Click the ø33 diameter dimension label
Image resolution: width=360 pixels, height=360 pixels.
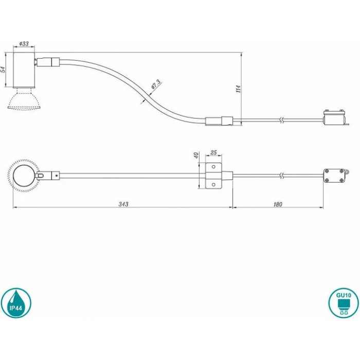point(24,43)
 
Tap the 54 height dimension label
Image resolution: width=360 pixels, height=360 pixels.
point(3,69)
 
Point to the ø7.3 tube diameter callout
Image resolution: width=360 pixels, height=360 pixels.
point(156,84)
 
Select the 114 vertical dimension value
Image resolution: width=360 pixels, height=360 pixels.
point(239,88)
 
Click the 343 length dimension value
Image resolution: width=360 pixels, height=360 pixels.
point(123,204)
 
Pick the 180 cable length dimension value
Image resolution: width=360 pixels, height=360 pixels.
point(278,204)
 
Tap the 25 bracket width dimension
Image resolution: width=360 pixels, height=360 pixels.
point(213,152)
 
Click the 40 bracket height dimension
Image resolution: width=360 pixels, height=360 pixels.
point(196,155)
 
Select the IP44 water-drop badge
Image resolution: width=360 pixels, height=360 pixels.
point(16,303)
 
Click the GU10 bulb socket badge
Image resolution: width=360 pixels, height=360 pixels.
point(344,303)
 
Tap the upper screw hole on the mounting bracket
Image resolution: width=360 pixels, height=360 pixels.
point(213,167)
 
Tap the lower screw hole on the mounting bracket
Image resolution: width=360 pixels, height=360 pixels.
point(213,184)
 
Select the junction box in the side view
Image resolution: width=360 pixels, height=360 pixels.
point(335,118)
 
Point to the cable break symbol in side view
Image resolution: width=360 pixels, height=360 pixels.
point(283,120)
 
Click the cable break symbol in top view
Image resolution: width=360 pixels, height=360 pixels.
point(283,176)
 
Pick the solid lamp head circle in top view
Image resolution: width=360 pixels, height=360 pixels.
point(24,176)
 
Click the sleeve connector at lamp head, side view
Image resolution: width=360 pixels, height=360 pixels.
point(48,62)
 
